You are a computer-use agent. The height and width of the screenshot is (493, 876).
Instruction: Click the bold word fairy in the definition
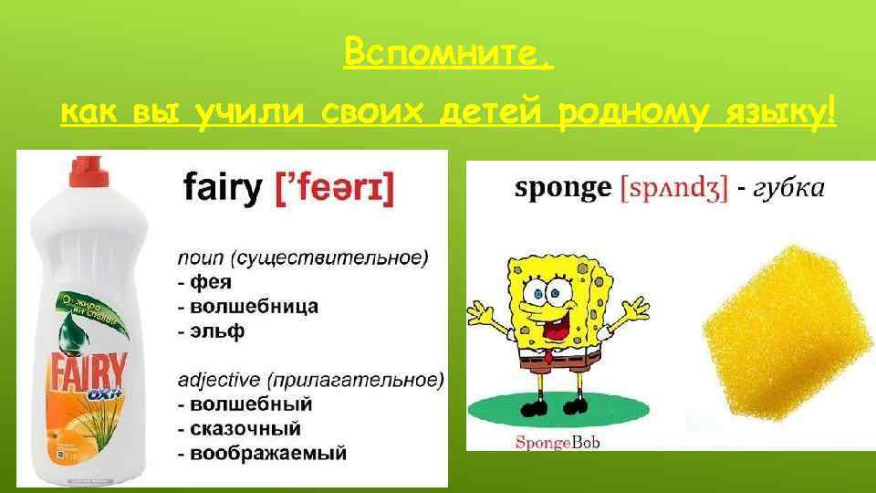pos(223,189)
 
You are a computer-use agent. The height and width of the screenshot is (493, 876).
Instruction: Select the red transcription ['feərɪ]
pos(335,189)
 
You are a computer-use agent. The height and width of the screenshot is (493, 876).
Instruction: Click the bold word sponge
pos(563,188)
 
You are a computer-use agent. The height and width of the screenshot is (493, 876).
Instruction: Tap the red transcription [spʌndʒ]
pos(674,188)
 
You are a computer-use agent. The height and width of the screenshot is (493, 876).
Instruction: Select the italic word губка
pos(790,188)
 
